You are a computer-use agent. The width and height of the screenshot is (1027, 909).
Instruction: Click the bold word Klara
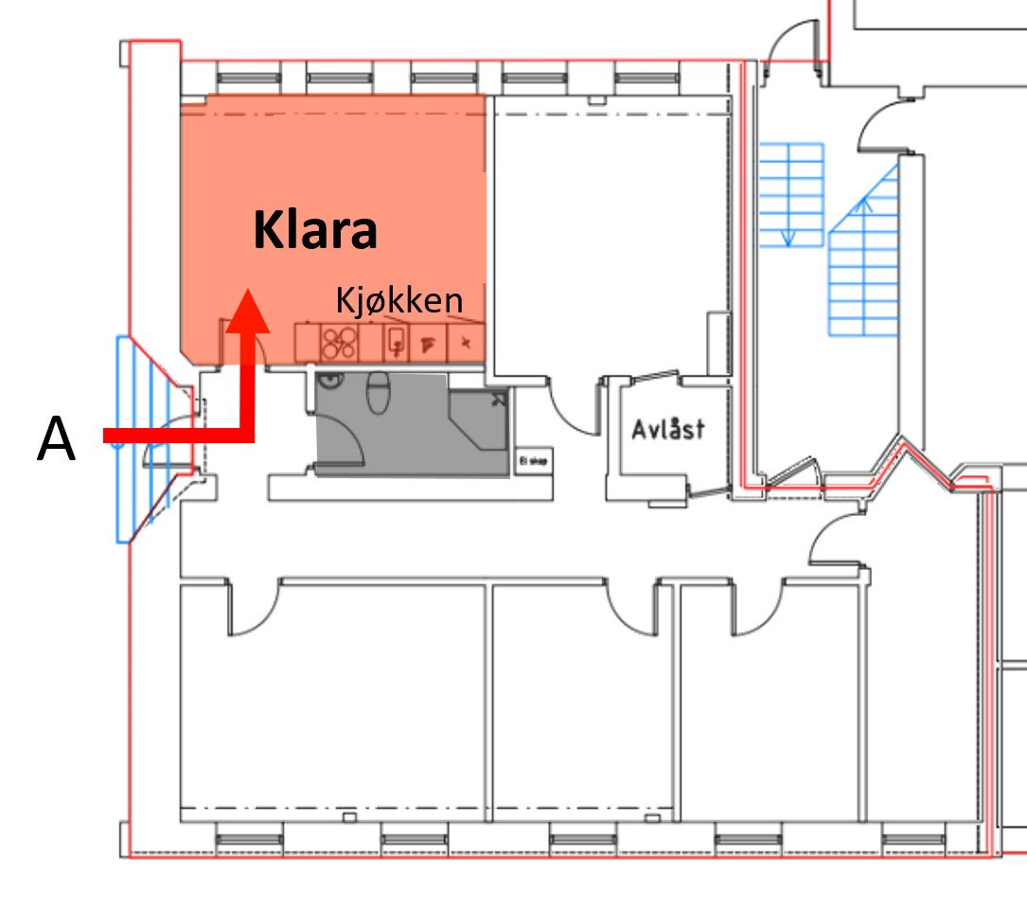coord(315,230)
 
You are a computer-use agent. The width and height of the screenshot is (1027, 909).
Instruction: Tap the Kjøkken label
coord(399,301)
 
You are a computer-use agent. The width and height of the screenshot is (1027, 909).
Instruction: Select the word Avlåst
coord(668,429)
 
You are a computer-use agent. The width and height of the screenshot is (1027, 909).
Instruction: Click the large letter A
coord(56,441)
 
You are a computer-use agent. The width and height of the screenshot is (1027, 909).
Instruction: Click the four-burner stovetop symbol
coord(338,343)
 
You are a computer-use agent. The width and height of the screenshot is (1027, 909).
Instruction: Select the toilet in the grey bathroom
coord(379,389)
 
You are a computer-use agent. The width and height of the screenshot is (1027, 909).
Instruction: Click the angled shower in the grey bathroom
coord(477,418)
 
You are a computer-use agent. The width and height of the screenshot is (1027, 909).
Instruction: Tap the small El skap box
coord(534,462)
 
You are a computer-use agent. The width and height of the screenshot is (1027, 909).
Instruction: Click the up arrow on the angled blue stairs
coord(864,205)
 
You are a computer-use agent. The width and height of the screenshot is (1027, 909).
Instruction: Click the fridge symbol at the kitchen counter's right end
coord(465,343)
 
